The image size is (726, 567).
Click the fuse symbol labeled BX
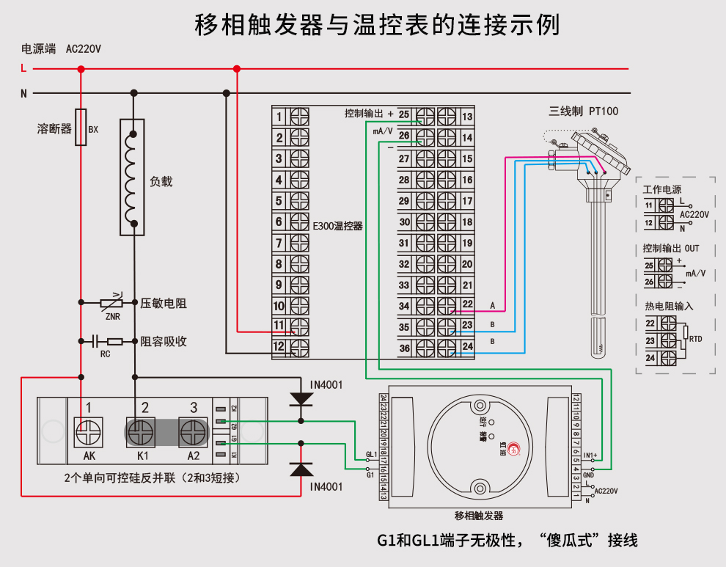point(81,128)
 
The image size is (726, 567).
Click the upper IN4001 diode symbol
point(301,398)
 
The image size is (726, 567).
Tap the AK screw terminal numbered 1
point(88,432)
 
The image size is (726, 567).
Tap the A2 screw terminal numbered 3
point(194,432)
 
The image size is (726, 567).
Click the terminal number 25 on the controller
point(403,114)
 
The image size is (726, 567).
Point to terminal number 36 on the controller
point(404,348)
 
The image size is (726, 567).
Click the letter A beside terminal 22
point(492,304)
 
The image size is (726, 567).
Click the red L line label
point(23,69)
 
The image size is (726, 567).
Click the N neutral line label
point(23,93)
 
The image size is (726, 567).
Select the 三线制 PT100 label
point(584,111)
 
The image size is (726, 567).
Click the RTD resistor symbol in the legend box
point(686,334)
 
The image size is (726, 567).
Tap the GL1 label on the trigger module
point(371,455)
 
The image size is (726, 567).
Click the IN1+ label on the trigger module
point(590,455)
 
